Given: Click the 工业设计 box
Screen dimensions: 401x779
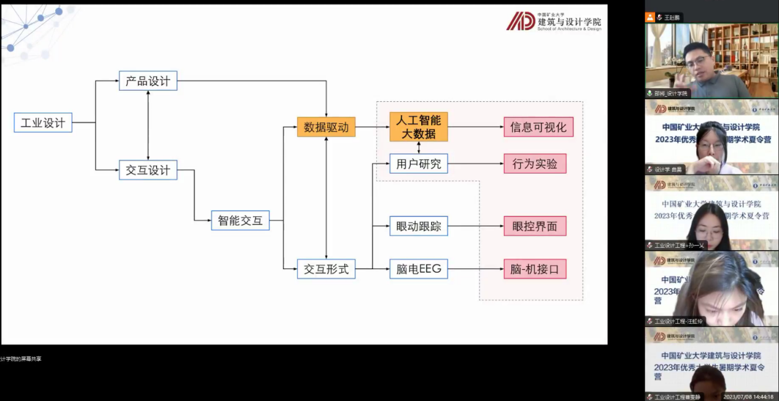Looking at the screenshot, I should pyautogui.click(x=43, y=123).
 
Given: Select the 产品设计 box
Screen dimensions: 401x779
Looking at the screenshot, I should pyautogui.click(x=148, y=81).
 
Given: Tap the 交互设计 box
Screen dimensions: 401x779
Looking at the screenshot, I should pyautogui.click(x=148, y=170).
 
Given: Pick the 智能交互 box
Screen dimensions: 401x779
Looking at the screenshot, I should pyautogui.click(x=240, y=220).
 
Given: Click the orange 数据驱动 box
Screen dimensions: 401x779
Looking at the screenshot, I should pyautogui.click(x=326, y=127).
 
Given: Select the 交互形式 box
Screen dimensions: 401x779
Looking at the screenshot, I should pyautogui.click(x=326, y=269).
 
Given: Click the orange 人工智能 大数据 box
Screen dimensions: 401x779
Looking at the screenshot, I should pyautogui.click(x=419, y=127).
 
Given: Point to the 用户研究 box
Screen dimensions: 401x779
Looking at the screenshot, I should pyautogui.click(x=419, y=164).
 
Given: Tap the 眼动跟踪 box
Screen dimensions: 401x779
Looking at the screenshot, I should pyautogui.click(x=419, y=226).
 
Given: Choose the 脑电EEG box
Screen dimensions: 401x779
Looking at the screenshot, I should pyautogui.click(x=419, y=269).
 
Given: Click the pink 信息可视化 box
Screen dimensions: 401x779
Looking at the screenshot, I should pyautogui.click(x=538, y=127).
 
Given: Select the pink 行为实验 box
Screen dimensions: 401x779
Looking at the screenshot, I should pyautogui.click(x=535, y=164).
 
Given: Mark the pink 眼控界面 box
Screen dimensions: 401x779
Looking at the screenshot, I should pyautogui.click(x=535, y=226).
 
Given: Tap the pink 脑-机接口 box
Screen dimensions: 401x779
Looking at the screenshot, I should pyautogui.click(x=535, y=269).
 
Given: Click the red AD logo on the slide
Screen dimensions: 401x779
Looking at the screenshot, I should pyautogui.click(x=521, y=21).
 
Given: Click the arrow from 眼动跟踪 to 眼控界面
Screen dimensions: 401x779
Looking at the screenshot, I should pyautogui.click(x=476, y=226).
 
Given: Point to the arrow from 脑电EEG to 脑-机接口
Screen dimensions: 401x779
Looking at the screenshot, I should pyautogui.click(x=476, y=269).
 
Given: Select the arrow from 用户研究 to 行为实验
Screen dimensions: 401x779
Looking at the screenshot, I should pyautogui.click(x=476, y=164).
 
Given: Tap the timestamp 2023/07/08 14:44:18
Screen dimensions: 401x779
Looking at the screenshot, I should pyautogui.click(x=748, y=397).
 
